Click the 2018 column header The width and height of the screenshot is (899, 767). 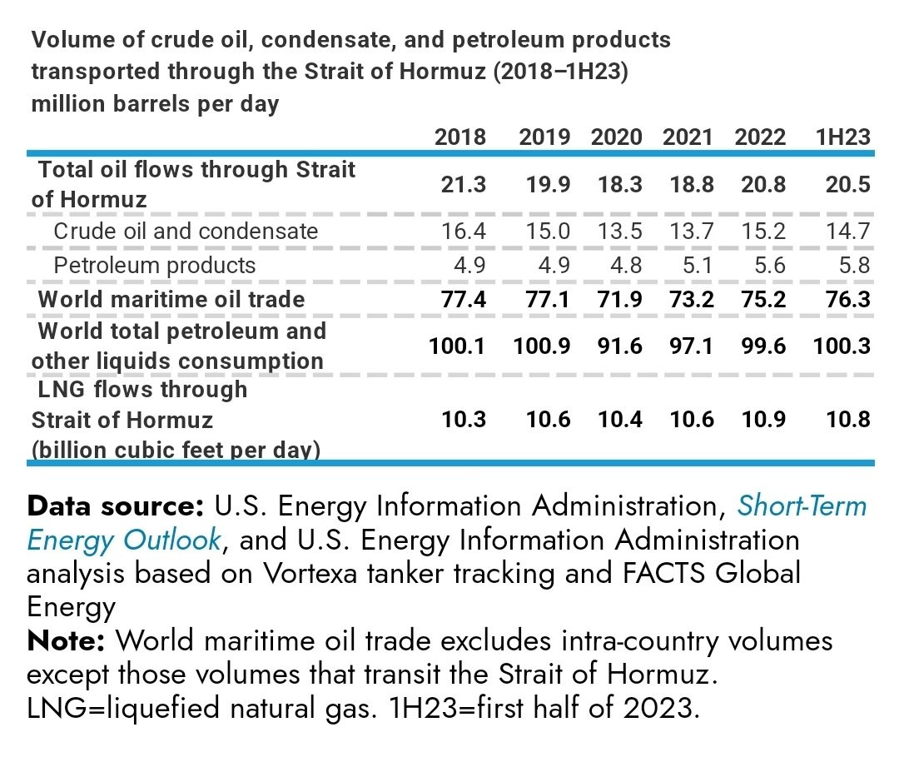[460, 137]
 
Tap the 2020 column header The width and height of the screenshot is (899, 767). [617, 137]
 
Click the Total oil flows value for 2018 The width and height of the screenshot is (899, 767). [464, 185]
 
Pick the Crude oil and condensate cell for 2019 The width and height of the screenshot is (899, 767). [549, 231]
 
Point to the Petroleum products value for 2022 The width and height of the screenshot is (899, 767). [763, 266]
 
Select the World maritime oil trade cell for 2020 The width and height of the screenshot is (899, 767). [620, 299]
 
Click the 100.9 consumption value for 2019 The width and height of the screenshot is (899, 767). [542, 346]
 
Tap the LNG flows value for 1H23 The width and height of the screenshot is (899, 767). [848, 419]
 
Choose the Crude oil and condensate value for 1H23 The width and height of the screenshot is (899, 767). [848, 231]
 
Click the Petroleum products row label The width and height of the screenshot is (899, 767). [154, 266]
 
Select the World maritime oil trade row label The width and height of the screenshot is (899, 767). [171, 299]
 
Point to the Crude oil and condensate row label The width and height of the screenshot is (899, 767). [186, 231]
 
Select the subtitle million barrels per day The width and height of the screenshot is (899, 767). [155, 105]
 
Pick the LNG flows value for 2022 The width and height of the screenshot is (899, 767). [763, 419]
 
